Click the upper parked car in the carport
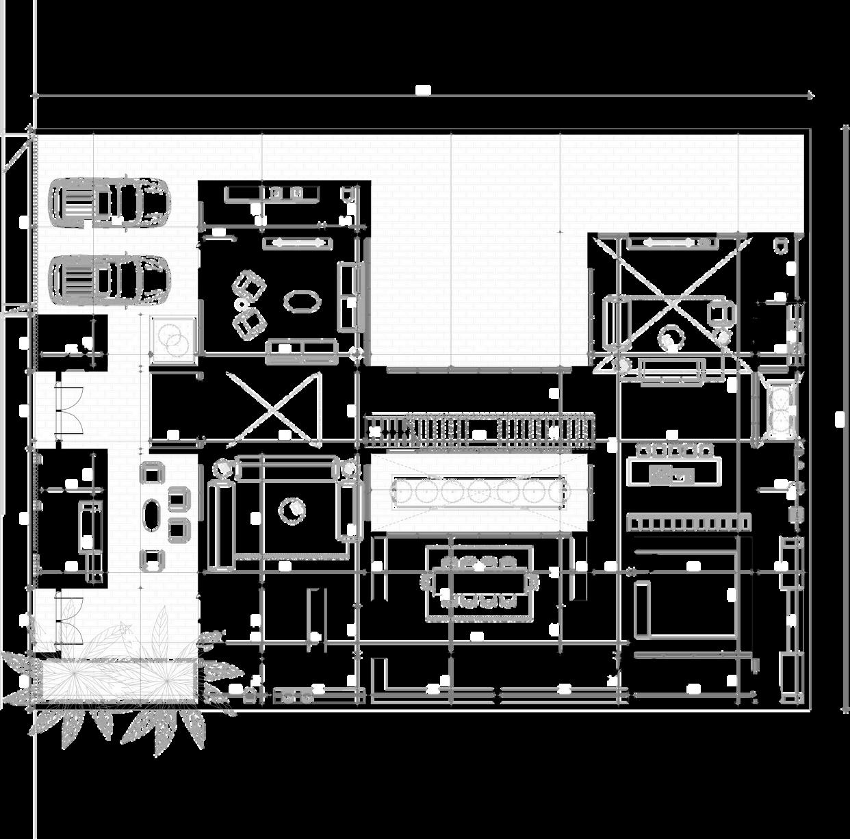pyautogui.click(x=108, y=202)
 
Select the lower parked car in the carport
pyautogui.click(x=108, y=279)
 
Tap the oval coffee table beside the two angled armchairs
pyautogui.click(x=301, y=301)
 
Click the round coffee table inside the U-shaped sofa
pyautogui.click(x=292, y=509)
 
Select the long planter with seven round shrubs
pyautogui.click(x=478, y=491)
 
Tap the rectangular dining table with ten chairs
pyautogui.click(x=479, y=582)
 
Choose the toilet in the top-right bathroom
pyautogui.click(x=780, y=246)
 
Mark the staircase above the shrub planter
pyautogui.click(x=479, y=430)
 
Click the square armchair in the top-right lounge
pyautogui.click(x=720, y=312)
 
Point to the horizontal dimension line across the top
pyautogui.click(x=424, y=95)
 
